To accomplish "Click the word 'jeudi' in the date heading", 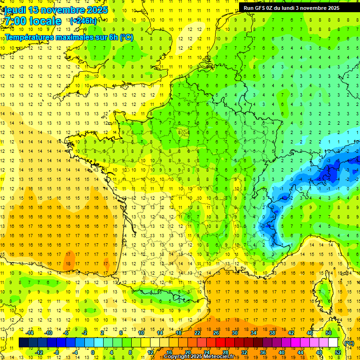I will pyautogui.click(x=15, y=10).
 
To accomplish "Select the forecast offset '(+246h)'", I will pyautogui.click(x=83, y=21).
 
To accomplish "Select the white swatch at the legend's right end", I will pyautogui.click(x=333, y=343).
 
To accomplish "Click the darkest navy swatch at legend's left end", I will pyautogui.click(x=23, y=343).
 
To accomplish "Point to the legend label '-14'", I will pyautogui.click(x=30, y=333).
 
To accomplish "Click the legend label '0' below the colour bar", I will pyautogui.click(x=93, y=352).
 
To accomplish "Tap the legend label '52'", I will pyautogui.click(x=337, y=352).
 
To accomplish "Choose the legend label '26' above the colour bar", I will pyautogui.click(x=216, y=333).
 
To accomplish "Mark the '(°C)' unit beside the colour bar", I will pyautogui.click(x=349, y=343).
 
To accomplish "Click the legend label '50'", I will pyautogui.click(x=328, y=333).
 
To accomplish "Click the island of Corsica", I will pyautogui.click(x=322, y=291).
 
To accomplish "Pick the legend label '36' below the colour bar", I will pyautogui.click(x=262, y=352).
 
